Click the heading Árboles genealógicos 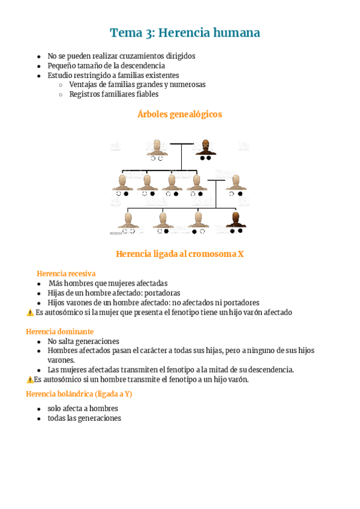[179, 114]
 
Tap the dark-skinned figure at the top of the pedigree [206, 148]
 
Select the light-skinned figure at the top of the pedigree [157, 148]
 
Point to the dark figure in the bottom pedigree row [235, 220]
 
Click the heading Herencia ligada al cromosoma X [179, 254]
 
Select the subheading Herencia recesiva [66, 273]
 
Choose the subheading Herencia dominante [59, 331]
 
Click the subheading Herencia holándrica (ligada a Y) [79, 394]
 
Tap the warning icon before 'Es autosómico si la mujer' [30, 313]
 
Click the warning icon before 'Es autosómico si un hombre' [29, 379]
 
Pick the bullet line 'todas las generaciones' [84, 418]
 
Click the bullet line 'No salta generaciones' [83, 341]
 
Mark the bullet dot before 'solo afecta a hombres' [39, 409]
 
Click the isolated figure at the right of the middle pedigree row [236, 183]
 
